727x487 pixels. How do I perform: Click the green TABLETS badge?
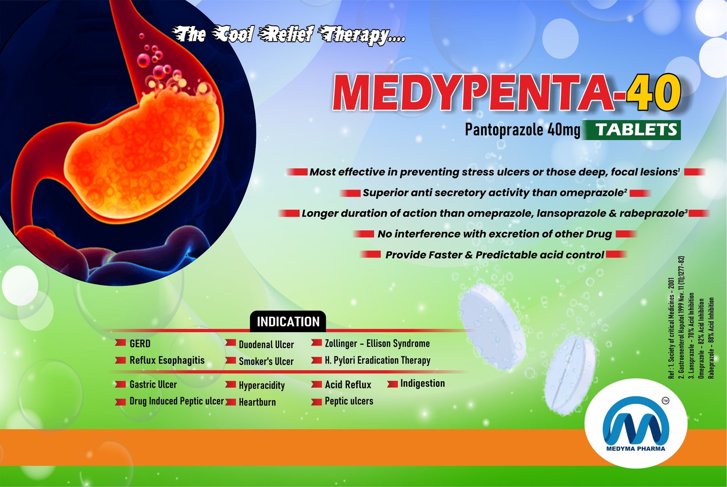[632, 130]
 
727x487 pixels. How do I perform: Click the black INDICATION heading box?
[288, 322]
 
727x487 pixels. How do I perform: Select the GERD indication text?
[140, 344]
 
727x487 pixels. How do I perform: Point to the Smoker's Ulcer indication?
[266, 361]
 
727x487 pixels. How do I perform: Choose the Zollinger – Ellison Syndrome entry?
[377, 344]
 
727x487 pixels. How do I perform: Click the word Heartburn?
[257, 402]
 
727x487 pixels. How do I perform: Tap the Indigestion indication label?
[423, 384]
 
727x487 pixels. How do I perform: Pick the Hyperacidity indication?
[262, 385]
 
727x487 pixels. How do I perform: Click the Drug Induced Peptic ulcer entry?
[177, 401]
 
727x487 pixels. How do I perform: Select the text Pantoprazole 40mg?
[522, 130]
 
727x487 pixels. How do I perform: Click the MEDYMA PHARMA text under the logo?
[636, 449]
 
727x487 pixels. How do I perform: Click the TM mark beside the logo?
[665, 401]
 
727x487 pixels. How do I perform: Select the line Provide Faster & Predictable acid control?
[494, 255]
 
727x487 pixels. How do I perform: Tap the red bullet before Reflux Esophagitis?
[120, 360]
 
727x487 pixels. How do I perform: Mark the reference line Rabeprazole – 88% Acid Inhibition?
[711, 338]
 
